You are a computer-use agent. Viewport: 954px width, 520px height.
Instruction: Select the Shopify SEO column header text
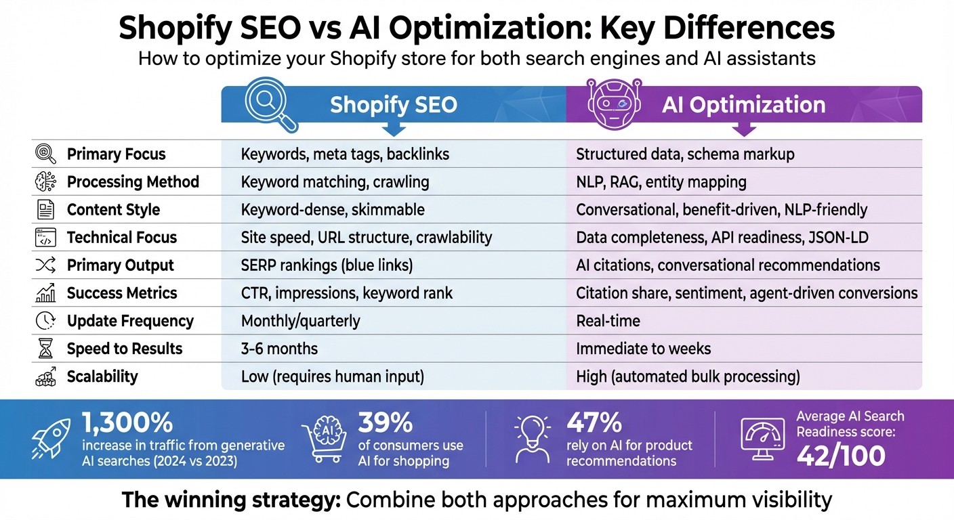[393, 105]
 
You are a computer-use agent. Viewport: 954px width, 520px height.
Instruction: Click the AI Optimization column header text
[743, 105]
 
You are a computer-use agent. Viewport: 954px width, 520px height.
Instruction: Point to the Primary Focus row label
[116, 154]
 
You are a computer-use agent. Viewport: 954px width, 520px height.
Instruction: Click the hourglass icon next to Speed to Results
[45, 349]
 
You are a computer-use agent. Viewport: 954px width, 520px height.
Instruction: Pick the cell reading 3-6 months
[279, 349]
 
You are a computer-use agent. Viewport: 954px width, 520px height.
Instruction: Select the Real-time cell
[608, 321]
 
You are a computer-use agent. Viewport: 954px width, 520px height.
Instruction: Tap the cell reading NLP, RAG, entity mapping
[661, 182]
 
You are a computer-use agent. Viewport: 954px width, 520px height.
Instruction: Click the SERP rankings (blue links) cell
[327, 265]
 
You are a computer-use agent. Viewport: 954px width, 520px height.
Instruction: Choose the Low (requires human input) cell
[332, 376]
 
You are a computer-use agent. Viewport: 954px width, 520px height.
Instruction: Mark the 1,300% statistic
[127, 423]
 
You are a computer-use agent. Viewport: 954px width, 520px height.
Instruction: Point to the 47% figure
[594, 423]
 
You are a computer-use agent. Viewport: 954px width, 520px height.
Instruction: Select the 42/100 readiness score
[841, 456]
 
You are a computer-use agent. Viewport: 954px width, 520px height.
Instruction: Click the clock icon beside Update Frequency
[45, 321]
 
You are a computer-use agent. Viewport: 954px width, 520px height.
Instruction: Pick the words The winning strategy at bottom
[230, 500]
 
